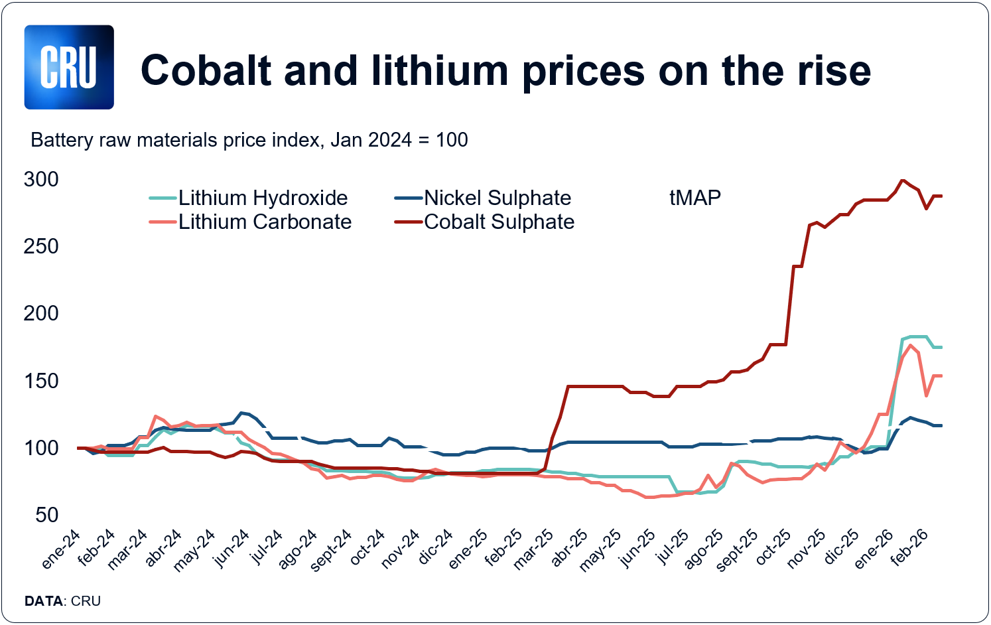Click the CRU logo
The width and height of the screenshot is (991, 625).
click(69, 67)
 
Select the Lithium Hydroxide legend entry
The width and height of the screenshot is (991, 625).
click(263, 198)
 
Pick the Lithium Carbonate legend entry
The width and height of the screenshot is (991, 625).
click(265, 222)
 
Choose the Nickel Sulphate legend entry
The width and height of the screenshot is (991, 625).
click(497, 198)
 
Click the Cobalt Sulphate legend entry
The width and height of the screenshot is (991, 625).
click(499, 222)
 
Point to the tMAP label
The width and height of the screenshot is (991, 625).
click(694, 198)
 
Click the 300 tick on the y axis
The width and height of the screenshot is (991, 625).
click(41, 179)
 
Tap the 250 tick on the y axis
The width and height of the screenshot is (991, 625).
click(41, 246)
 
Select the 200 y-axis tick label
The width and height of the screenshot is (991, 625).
click(41, 313)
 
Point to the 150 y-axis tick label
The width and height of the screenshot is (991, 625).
click(41, 381)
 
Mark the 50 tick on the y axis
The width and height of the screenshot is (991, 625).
click(47, 515)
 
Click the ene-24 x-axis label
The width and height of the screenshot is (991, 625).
click(61, 549)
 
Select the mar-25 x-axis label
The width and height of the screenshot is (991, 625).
click(534, 549)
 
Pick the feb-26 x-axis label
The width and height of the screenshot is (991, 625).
click(909, 548)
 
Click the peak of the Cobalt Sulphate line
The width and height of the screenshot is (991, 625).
click(902, 180)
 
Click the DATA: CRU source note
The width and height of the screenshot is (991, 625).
click(62, 601)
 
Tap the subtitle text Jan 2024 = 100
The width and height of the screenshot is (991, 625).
click(399, 140)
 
